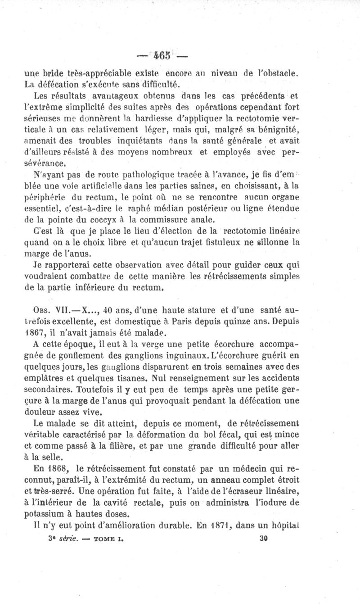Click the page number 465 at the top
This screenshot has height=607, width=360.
pos(163,56)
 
